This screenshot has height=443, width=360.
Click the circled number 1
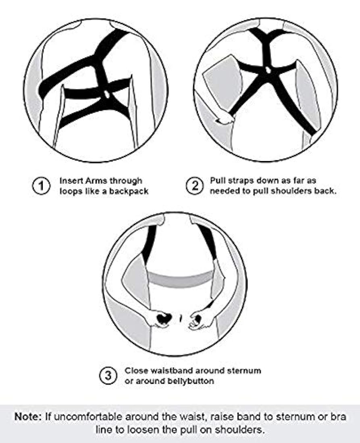41,186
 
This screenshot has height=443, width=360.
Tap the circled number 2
194,186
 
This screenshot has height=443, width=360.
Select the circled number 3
108,376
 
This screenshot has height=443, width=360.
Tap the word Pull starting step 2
218,180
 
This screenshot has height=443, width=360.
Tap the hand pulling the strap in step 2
225,120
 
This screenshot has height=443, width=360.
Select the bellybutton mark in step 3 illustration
181,318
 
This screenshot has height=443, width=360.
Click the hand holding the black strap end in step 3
160,319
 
